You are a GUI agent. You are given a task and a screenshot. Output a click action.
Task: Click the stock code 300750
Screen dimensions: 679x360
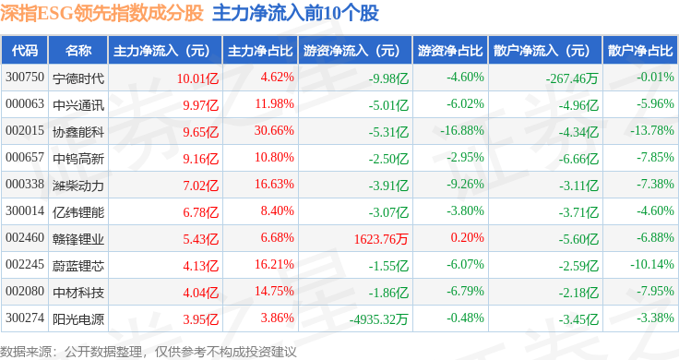25,78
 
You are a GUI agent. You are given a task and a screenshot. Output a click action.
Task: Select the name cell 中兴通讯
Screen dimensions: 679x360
78,105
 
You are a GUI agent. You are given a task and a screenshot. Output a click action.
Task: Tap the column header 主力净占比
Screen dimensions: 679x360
260,51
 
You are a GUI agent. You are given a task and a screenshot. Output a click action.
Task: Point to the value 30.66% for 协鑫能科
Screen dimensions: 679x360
274,130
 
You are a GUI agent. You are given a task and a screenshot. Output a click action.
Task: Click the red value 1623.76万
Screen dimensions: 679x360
381,239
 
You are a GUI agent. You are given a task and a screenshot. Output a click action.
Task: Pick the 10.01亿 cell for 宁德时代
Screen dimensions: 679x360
197,78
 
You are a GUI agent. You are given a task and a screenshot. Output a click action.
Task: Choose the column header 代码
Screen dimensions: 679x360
25,51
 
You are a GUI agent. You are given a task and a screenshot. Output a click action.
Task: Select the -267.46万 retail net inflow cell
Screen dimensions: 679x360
572,78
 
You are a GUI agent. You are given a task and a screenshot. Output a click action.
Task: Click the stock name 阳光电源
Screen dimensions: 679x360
78,319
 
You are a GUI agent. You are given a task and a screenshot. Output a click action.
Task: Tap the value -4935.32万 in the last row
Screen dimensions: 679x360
378,319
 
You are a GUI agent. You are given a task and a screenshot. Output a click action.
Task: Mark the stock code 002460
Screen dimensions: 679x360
25,238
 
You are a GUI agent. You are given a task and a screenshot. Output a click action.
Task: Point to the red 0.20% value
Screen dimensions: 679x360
467,237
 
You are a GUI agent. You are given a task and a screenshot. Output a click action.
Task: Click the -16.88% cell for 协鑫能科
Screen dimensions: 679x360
461,130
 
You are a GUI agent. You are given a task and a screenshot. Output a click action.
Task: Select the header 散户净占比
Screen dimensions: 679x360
640,51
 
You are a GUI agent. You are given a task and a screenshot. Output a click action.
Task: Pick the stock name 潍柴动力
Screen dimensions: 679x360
78,186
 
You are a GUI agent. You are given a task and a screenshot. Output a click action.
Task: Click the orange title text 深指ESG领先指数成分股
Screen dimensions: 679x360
101,14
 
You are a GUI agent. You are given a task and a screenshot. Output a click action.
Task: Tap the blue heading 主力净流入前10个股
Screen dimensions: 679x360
296,14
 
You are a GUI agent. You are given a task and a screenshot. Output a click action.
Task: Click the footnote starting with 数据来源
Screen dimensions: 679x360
149,352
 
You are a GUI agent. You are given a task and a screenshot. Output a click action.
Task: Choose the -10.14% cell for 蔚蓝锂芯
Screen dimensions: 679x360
651,264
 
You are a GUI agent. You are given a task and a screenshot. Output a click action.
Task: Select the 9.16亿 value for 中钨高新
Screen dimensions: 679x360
200,159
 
